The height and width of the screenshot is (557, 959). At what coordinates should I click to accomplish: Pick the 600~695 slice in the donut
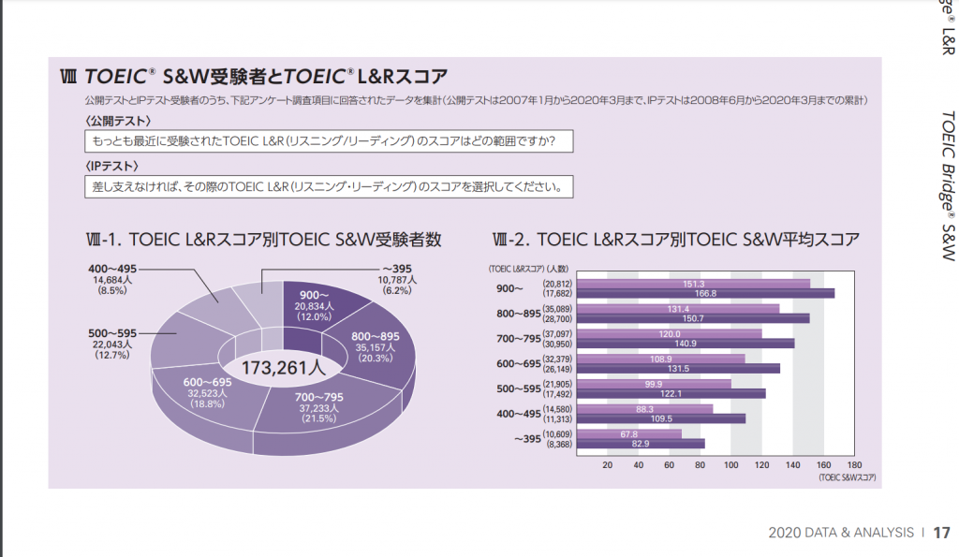point(208,394)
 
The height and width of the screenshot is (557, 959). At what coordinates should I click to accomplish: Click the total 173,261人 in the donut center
point(284,367)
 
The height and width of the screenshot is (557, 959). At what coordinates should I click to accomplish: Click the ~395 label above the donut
point(397,268)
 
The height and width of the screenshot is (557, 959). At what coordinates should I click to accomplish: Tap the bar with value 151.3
point(693,284)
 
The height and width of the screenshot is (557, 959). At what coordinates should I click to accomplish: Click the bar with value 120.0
point(670,333)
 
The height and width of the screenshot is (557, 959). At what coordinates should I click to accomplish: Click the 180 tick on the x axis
point(853,464)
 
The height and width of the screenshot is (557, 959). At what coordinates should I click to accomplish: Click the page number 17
point(940,533)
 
